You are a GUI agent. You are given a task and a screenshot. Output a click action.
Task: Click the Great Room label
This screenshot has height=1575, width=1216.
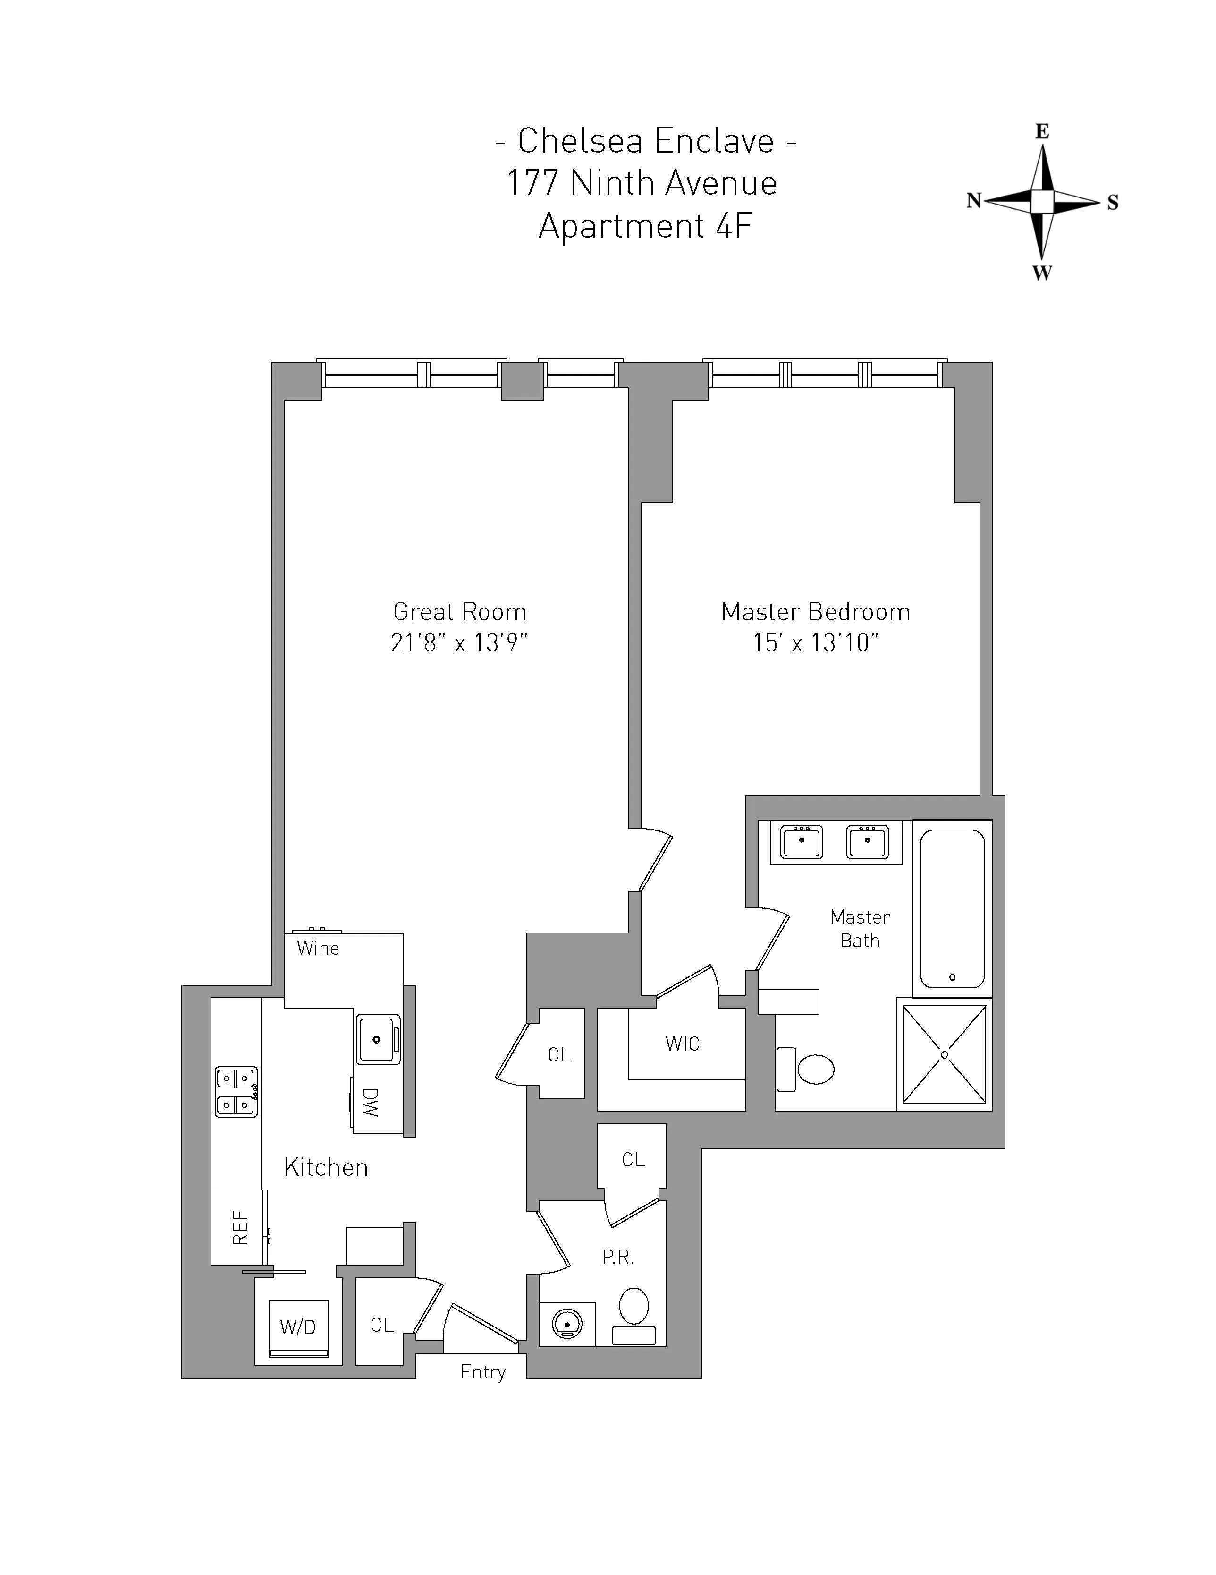459,612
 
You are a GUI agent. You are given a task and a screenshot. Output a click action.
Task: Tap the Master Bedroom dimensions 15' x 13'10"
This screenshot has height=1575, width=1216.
815,642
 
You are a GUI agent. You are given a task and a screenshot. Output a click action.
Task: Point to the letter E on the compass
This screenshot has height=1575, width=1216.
1041,131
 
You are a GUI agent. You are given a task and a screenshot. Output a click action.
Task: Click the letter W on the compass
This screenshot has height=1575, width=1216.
1041,274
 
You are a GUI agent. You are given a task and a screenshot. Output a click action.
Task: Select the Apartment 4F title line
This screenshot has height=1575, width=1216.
645,226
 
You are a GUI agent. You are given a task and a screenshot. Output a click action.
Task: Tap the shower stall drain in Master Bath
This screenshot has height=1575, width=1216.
944,1054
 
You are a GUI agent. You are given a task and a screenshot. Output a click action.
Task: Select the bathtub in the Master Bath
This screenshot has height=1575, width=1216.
952,908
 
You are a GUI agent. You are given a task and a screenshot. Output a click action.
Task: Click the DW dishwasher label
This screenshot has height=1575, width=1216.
370,1103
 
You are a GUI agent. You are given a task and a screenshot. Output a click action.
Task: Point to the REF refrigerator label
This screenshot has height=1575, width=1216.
239,1227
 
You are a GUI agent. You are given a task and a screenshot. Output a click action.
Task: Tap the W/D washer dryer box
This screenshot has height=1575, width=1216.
298,1327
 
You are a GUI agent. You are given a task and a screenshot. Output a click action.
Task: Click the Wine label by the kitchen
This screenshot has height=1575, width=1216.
317,948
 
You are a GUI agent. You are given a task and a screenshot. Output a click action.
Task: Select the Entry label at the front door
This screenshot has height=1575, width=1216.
483,1372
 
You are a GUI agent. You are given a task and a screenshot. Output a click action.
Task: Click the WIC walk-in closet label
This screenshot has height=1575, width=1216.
682,1044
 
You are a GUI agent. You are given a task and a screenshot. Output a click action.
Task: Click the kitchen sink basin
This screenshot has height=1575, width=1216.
376,1039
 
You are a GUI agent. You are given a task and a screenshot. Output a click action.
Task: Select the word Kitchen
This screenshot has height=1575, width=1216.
326,1167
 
